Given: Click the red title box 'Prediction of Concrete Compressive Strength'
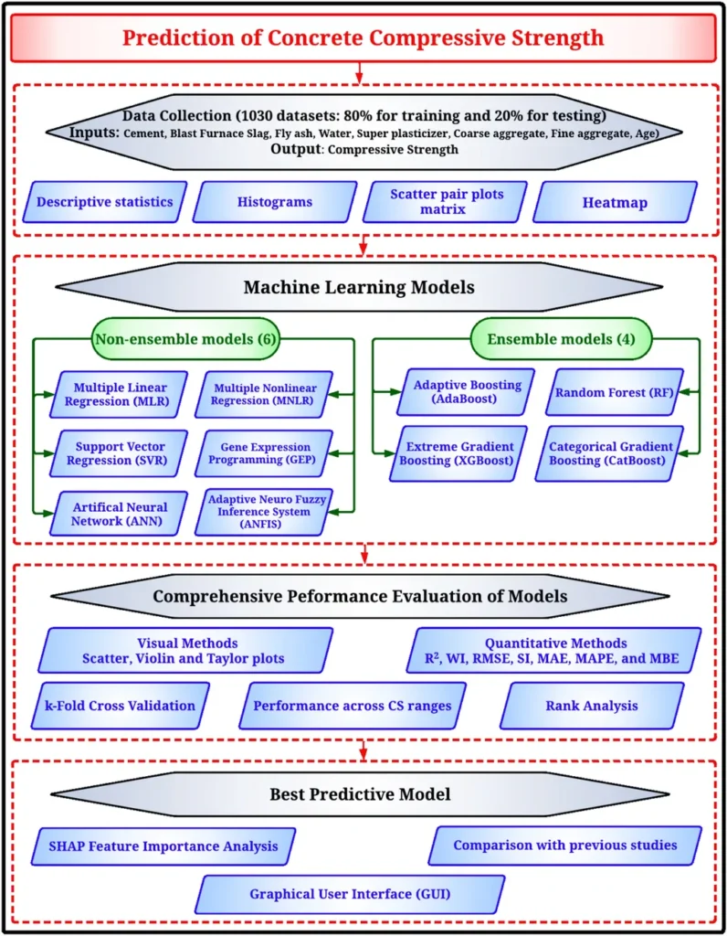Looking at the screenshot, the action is pyautogui.click(x=363, y=37).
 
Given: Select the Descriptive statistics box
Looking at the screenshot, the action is pyautogui.click(x=105, y=202).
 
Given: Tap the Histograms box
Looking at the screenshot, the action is pyautogui.click(x=275, y=202).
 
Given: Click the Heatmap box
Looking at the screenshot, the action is pyautogui.click(x=615, y=202).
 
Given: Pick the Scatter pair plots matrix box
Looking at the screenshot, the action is pyautogui.click(x=445, y=202).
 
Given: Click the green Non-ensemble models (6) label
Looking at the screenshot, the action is pyautogui.click(x=186, y=339).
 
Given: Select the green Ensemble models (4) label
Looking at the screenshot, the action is pyautogui.click(x=561, y=339).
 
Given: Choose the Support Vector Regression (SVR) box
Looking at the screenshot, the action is pyautogui.click(x=118, y=453).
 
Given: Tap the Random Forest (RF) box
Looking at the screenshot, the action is pyautogui.click(x=615, y=392).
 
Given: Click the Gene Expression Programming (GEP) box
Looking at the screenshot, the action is pyautogui.click(x=264, y=453).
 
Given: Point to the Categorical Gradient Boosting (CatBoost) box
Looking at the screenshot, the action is pyautogui.click(x=609, y=453).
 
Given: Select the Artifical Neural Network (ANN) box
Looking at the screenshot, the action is pyautogui.click(x=118, y=514).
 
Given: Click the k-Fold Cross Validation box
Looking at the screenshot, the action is pyautogui.click(x=121, y=706).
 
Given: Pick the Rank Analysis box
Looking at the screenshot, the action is pyautogui.click(x=592, y=706).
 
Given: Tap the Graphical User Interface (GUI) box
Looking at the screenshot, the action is pyautogui.click(x=350, y=894).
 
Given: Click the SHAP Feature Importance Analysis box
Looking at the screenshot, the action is pyautogui.click(x=163, y=846).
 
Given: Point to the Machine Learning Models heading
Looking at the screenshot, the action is pyautogui.click(x=359, y=287).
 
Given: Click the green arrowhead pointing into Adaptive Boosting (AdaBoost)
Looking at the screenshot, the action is pyautogui.click(x=396, y=392).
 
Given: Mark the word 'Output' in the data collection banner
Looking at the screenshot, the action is pyautogui.click(x=296, y=149).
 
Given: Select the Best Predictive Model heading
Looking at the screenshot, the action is pyautogui.click(x=360, y=794).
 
